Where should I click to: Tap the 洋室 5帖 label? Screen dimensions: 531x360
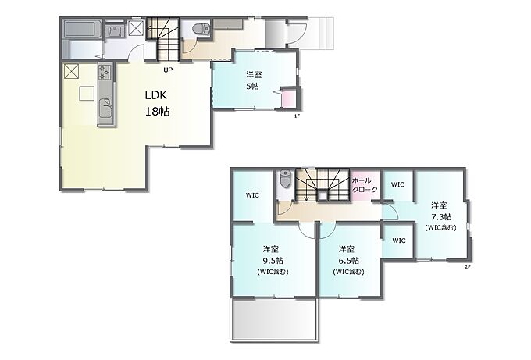click(254, 80)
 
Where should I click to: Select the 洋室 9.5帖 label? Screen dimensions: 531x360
click(273, 260)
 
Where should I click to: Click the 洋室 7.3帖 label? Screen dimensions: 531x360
click(440, 216)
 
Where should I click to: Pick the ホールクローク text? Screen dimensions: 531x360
click(365, 185)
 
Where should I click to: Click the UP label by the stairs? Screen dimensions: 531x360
click(168, 70)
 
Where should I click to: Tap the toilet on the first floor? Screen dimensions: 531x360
click(201, 28)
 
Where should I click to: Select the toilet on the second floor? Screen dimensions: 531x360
click(285, 179)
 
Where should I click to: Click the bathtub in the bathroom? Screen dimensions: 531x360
click(82, 28)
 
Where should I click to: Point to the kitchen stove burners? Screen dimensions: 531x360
click(105, 72)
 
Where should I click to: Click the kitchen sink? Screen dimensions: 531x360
click(106, 105)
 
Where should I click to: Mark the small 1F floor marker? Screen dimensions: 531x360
click(297, 116)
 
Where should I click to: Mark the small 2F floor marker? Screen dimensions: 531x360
click(467, 266)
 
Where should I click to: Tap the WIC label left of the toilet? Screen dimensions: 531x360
click(252, 195)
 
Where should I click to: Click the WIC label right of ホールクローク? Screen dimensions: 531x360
click(397, 184)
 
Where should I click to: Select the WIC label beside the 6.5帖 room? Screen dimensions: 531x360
click(398, 241)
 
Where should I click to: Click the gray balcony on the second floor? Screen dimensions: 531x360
click(274, 319)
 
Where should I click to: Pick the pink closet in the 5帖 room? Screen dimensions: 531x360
click(289, 98)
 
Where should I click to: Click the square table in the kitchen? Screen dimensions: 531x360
click(87, 94)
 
